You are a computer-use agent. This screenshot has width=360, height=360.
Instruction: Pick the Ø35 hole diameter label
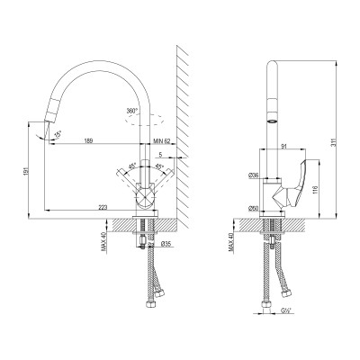166,244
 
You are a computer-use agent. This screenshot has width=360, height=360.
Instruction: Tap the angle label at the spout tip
59,133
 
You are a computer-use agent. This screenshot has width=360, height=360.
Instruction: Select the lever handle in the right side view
297,184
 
